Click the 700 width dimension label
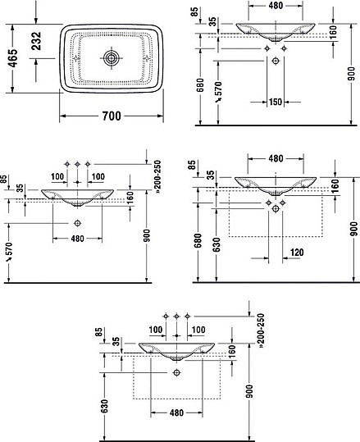112,116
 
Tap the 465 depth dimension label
12,58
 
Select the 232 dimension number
36,41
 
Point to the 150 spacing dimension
276,102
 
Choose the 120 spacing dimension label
297,253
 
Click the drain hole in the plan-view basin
112,58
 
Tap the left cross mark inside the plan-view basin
75,59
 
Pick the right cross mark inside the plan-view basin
147,58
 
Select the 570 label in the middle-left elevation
9,252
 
